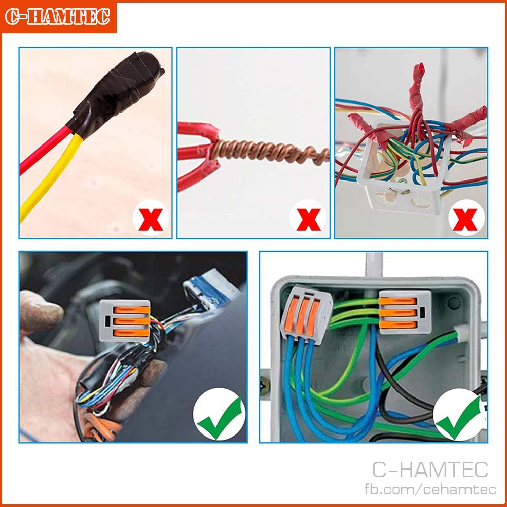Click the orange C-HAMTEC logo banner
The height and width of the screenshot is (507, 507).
58,17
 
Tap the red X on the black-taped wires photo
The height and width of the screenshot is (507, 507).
151,220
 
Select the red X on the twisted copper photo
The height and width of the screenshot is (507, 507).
309,220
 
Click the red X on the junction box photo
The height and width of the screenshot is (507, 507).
465,220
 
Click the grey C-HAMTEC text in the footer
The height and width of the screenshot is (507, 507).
430,469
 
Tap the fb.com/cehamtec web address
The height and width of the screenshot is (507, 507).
430,489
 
